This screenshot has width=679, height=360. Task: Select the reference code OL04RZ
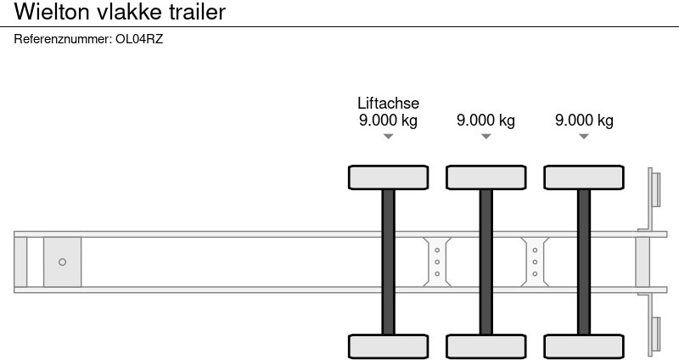click(x=138, y=39)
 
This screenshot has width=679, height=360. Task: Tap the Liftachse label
click(x=388, y=104)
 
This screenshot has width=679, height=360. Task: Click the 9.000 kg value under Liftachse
click(x=388, y=121)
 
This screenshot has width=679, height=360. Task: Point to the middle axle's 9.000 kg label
click(x=485, y=121)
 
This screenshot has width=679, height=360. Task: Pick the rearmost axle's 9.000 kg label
click(x=584, y=121)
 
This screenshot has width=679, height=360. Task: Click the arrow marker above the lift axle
click(x=388, y=137)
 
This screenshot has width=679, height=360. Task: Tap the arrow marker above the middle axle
click(x=485, y=137)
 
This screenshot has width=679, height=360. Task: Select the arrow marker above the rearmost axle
click(x=584, y=137)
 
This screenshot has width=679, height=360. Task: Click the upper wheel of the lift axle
click(x=388, y=177)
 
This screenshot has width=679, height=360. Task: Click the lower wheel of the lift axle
click(x=388, y=346)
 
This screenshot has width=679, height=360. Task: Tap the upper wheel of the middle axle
click(x=485, y=177)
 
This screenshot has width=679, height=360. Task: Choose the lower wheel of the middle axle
click(x=485, y=346)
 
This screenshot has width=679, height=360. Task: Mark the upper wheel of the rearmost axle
click(x=584, y=177)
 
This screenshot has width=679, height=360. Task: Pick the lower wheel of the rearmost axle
click(x=584, y=346)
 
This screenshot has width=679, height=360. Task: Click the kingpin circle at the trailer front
click(x=62, y=262)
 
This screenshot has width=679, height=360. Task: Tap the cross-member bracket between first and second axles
click(x=436, y=262)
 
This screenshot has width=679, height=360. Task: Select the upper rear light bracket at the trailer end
click(x=654, y=188)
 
